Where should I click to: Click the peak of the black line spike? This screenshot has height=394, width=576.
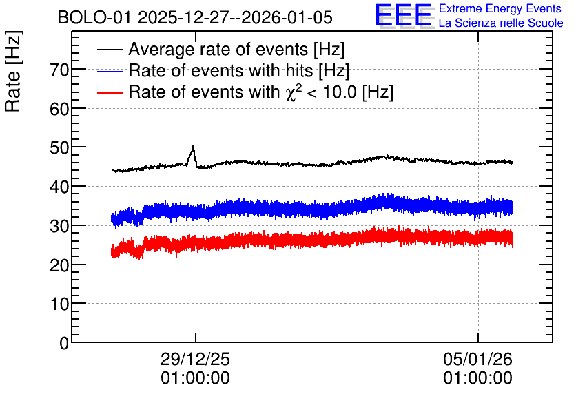pyautogui.click(x=193, y=146)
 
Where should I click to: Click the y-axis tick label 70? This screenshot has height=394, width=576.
pyautogui.click(x=59, y=70)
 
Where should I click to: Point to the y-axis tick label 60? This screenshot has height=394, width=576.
pyautogui.click(x=59, y=109)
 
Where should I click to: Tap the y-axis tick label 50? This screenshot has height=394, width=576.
pyautogui.click(x=59, y=147)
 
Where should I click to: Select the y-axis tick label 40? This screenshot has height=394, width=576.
pyautogui.click(x=59, y=187)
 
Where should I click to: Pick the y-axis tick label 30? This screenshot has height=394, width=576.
pyautogui.click(x=59, y=226)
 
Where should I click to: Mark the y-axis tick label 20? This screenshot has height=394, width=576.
pyautogui.click(x=59, y=265)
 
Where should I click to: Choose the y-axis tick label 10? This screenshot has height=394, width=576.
pyautogui.click(x=59, y=304)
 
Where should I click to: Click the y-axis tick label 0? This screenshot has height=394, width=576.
pyautogui.click(x=64, y=343)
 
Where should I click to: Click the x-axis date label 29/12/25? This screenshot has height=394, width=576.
pyautogui.click(x=195, y=359)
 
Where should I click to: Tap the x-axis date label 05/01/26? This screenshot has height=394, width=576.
pyautogui.click(x=477, y=359)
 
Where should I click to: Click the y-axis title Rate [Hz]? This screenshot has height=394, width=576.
pyautogui.click(x=13, y=71)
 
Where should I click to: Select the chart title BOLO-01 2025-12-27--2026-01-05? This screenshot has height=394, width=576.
pyautogui.click(x=195, y=17)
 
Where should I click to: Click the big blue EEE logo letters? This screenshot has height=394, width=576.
pyautogui.click(x=404, y=16)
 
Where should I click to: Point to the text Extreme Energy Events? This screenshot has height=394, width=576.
pyautogui.click(x=500, y=8)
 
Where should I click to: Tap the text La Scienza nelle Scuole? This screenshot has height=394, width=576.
pyautogui.click(x=501, y=23)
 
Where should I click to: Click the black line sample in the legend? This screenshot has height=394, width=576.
pyautogui.click(x=110, y=50)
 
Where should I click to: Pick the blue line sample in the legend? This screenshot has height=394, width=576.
pyautogui.click(x=110, y=71)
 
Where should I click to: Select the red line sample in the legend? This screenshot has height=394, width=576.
pyautogui.click(x=110, y=92)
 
